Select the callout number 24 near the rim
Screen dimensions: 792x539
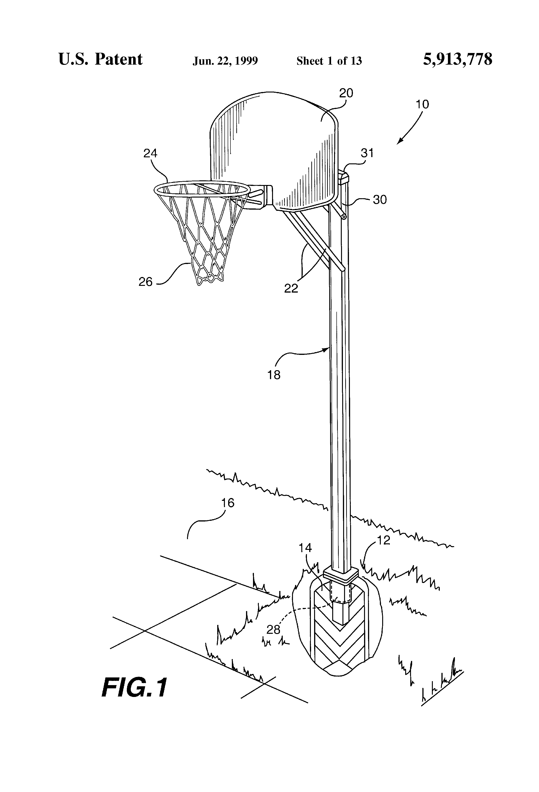(150, 154)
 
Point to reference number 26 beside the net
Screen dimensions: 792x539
(145, 282)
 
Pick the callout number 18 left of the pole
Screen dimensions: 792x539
(274, 375)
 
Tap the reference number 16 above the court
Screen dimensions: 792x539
(228, 503)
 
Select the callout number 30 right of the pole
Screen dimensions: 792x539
(380, 200)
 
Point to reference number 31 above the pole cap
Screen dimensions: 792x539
(367, 153)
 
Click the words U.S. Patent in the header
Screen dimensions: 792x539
(101, 59)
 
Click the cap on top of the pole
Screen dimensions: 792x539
(344, 178)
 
